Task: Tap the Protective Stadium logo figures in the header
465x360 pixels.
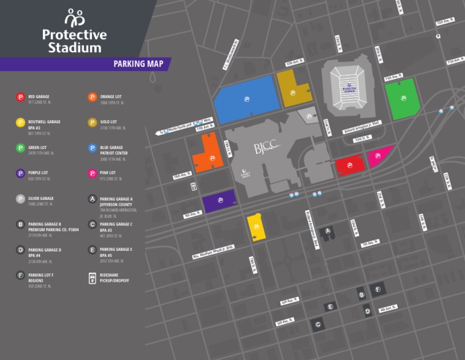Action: (x=74, y=18)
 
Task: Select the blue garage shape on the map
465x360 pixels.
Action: (x=245, y=99)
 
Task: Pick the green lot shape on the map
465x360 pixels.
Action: (x=403, y=98)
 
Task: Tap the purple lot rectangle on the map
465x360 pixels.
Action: (x=219, y=202)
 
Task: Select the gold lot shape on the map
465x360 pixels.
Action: (x=292, y=89)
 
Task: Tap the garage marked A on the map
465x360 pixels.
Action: (x=328, y=231)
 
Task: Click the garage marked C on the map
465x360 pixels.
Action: (x=317, y=325)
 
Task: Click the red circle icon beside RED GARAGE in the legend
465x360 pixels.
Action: (x=20, y=97)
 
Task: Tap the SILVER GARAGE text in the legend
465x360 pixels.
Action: (x=41, y=198)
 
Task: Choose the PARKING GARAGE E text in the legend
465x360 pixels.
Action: (x=116, y=249)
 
